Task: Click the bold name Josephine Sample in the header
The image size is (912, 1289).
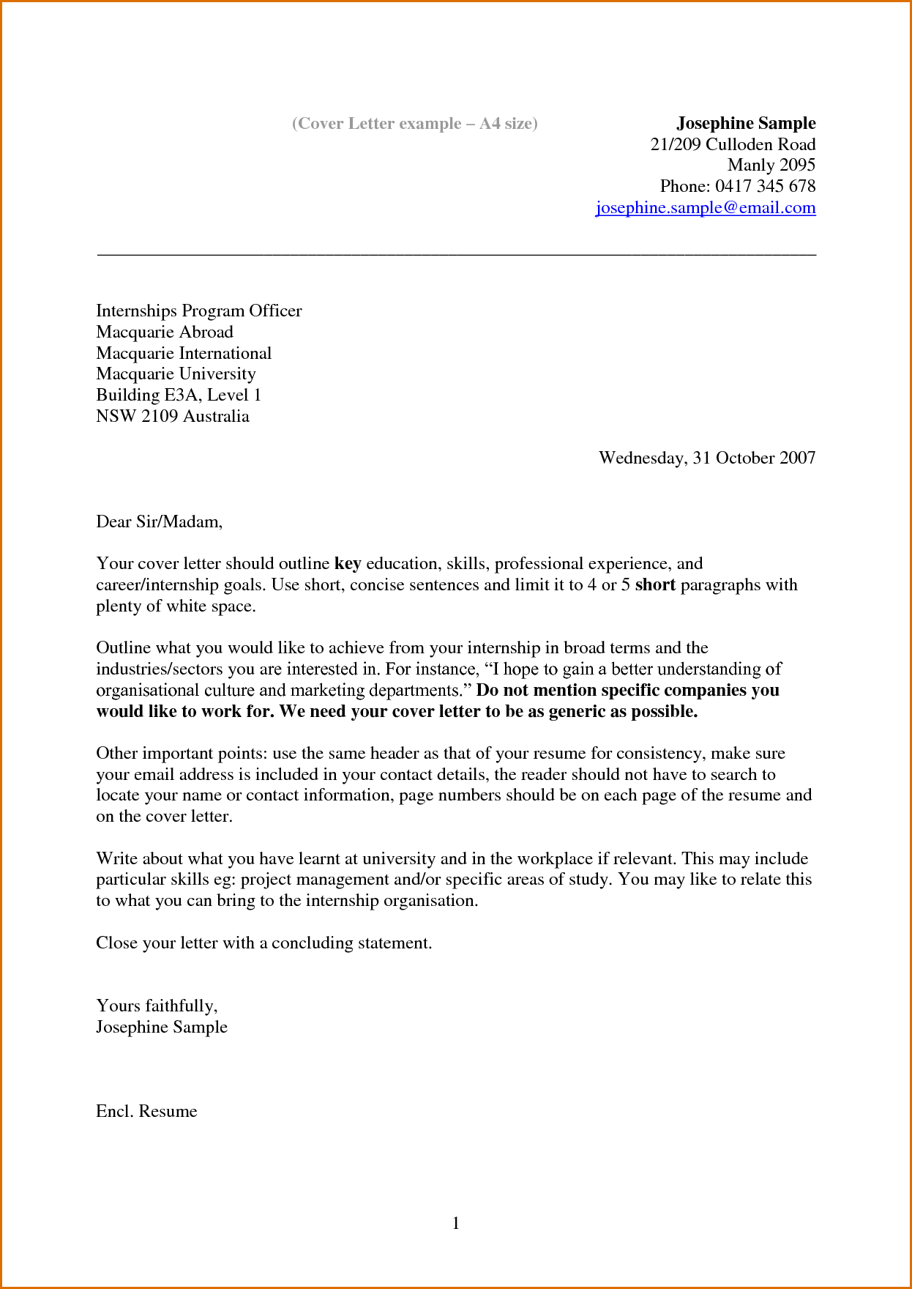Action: tap(745, 123)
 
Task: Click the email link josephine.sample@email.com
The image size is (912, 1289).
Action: tap(706, 208)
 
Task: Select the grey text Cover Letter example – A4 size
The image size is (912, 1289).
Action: tap(414, 123)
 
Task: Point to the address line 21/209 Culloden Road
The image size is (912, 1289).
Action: tap(733, 144)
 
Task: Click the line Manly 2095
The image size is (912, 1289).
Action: tap(771, 165)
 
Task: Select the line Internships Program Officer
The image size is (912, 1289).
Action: tap(198, 311)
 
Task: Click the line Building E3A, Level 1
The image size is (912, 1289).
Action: tap(178, 395)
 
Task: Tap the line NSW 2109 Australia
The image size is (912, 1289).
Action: tap(172, 416)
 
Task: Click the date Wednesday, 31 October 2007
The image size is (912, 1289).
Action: tap(706, 458)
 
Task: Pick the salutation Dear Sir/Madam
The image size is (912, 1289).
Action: tap(159, 521)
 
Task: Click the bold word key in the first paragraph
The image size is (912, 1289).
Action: tap(348, 564)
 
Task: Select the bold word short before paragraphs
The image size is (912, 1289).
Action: tap(655, 585)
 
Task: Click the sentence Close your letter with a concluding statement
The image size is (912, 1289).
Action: tap(263, 943)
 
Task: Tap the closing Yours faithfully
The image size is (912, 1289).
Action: tap(157, 1006)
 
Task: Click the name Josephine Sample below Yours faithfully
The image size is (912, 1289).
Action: tap(161, 1027)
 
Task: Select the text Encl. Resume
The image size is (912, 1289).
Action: tap(146, 1111)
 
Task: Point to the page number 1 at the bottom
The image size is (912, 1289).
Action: tap(456, 1223)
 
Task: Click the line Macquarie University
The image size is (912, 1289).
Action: tap(176, 374)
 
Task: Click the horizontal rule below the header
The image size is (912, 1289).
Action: tap(456, 254)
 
